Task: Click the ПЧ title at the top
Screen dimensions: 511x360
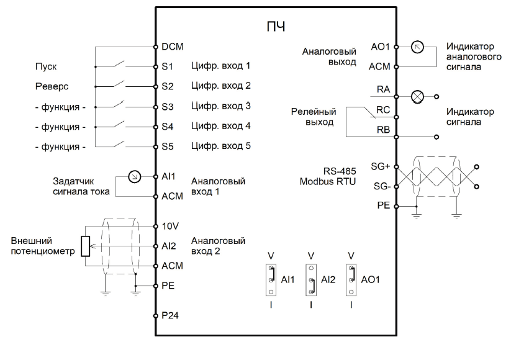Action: (x=276, y=27)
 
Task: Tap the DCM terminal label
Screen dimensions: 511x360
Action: (x=173, y=47)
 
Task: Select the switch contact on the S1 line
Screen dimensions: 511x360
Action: (x=119, y=63)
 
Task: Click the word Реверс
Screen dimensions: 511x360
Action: (x=52, y=86)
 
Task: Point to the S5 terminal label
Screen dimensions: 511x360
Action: (x=168, y=146)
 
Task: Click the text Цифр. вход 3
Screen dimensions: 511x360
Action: (x=221, y=106)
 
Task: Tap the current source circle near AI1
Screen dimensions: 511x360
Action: (x=135, y=176)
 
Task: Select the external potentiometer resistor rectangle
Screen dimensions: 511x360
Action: (x=86, y=246)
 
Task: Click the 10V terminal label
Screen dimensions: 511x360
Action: (x=170, y=226)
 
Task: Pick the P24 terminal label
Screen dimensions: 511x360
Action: (x=170, y=315)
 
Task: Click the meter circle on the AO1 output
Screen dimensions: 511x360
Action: (x=417, y=47)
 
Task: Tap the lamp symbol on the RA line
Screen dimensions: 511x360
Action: (x=417, y=97)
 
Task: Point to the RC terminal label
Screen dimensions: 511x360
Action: (x=383, y=110)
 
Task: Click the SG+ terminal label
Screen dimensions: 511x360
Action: (x=381, y=166)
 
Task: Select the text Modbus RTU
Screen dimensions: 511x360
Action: (x=327, y=181)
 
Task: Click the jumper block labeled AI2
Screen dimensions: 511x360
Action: (x=311, y=280)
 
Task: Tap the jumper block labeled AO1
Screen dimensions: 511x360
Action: (x=351, y=280)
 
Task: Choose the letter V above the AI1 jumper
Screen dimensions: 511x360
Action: (x=271, y=256)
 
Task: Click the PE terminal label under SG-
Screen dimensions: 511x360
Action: (x=384, y=205)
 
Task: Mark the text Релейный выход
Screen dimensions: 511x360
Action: (x=313, y=117)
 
